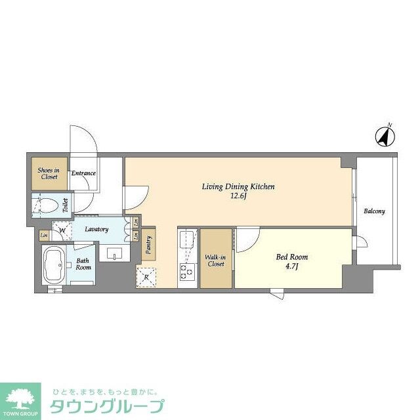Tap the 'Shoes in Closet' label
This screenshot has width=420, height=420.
[x=47, y=174]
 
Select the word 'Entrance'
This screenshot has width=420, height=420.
[x=83, y=173]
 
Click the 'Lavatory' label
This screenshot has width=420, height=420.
[x=95, y=229]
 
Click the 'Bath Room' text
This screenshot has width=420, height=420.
[x=83, y=263]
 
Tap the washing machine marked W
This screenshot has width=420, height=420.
[x=62, y=230]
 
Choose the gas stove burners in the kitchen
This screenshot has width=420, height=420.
[x=187, y=270]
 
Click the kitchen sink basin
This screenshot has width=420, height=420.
[x=187, y=239]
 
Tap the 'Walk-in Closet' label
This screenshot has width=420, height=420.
[x=215, y=261]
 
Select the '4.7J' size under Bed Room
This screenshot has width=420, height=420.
[x=293, y=267]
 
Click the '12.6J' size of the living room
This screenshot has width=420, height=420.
[x=238, y=196]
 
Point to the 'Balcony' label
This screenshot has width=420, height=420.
[x=375, y=211]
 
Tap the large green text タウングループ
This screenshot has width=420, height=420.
[x=108, y=405]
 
